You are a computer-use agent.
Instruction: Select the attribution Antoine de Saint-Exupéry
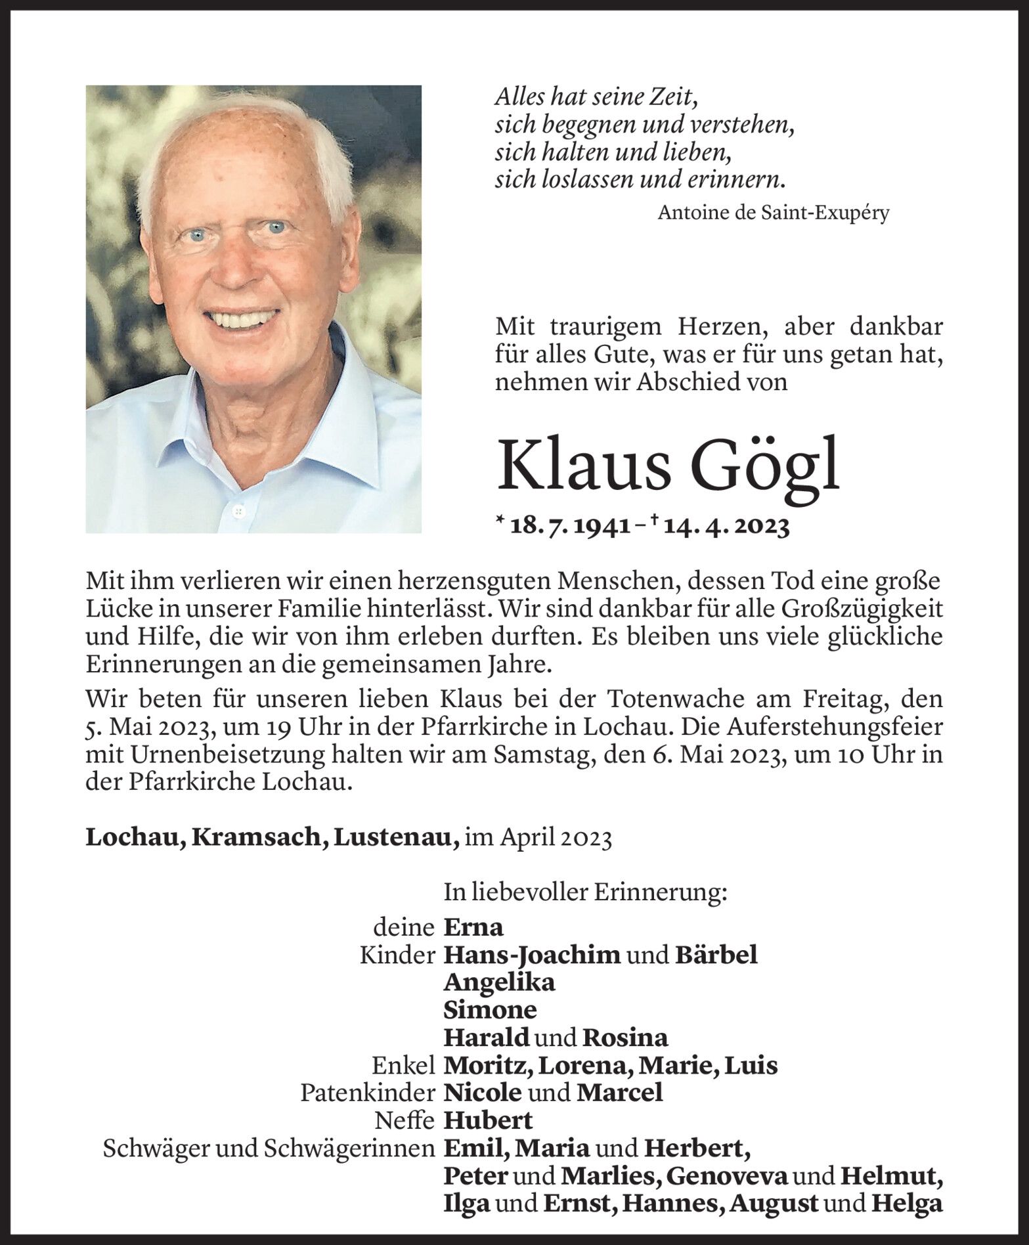point(774,213)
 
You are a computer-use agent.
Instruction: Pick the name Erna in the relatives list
point(473,927)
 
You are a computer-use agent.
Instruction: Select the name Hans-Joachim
point(531,955)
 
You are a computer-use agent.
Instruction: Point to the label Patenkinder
point(368,1093)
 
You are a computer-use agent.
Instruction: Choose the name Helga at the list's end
point(908,1203)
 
